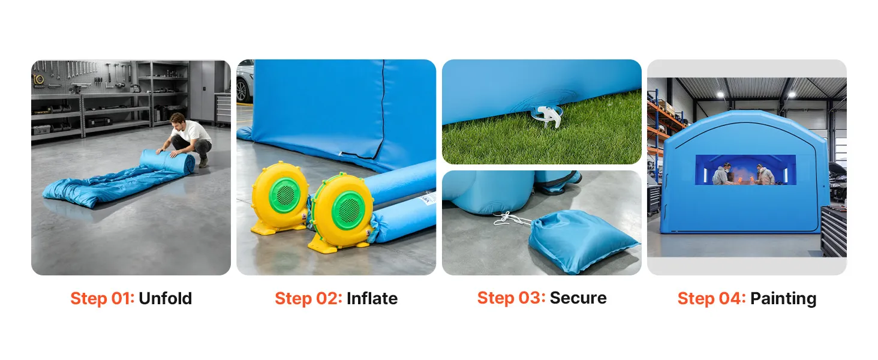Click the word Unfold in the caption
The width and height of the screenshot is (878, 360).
tap(165, 298)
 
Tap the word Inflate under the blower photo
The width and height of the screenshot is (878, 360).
tap(372, 298)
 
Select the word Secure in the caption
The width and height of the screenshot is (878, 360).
tap(578, 298)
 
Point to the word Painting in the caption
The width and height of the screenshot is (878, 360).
tap(783, 299)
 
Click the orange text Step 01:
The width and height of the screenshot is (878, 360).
tap(103, 298)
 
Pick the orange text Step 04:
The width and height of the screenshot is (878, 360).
tap(711, 298)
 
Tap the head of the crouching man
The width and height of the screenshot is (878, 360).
tap(178, 121)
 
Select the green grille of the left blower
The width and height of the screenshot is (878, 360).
tap(285, 195)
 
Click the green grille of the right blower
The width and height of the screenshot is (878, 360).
tap(348, 210)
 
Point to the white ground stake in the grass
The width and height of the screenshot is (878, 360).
tap(547, 116)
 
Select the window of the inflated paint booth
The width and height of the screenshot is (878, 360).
tap(745, 170)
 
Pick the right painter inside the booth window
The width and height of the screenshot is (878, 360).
tap(765, 175)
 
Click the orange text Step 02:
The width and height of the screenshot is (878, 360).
tap(308, 298)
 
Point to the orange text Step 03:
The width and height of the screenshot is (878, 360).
tap(511, 298)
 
